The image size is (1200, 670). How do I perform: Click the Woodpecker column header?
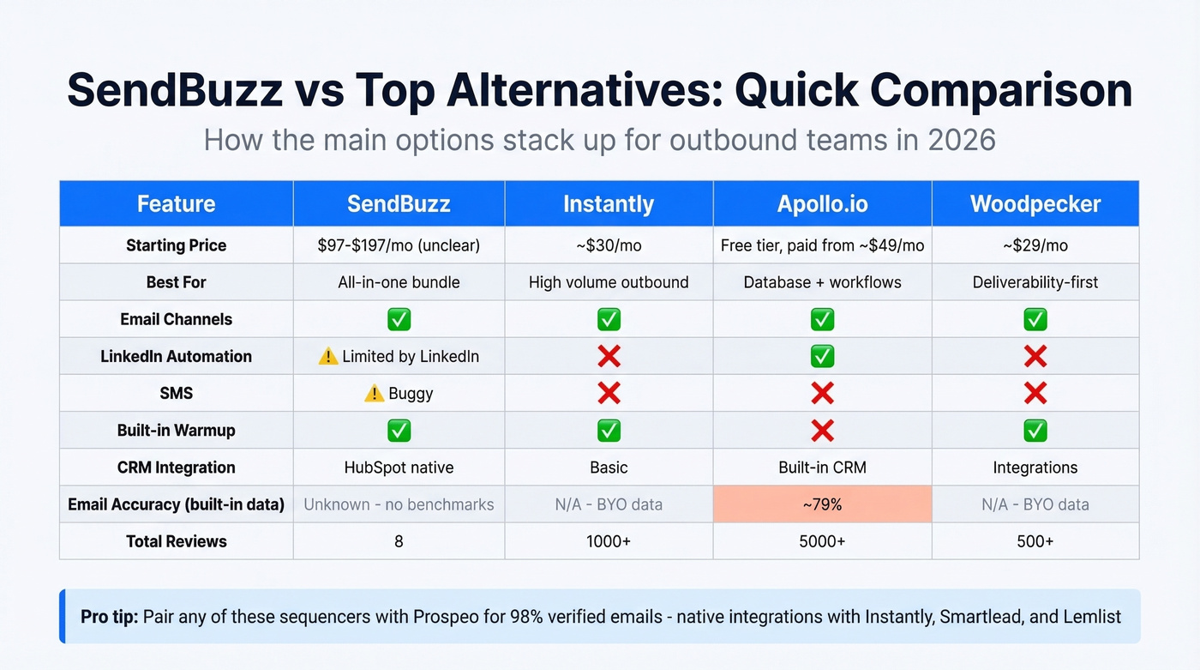pos(1035,204)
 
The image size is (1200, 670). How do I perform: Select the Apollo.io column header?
pos(822,204)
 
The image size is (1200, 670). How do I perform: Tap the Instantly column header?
pos(609,204)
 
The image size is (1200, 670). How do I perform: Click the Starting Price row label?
pos(176,245)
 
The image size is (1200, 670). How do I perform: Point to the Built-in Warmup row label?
pos(176,431)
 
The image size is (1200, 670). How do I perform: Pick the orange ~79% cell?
pos(822,504)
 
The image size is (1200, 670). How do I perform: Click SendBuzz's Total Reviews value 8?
pos(399,541)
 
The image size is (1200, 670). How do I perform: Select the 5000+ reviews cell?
pos(822,541)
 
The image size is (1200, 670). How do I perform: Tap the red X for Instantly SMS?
pos(609,394)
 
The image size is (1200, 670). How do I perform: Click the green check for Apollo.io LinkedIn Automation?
pos(822,356)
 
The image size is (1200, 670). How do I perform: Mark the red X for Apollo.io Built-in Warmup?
pos(822,431)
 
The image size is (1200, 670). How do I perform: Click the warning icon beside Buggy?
pos(374,394)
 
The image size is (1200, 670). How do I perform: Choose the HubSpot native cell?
pos(399,468)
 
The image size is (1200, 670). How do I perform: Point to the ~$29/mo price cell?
pos(1035,245)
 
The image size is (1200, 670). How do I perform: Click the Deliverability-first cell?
pos(1035,282)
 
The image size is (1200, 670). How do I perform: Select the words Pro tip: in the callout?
pos(110,617)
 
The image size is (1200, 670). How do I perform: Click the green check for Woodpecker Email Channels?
pos(1035,319)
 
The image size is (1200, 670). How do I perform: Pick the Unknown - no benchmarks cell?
pos(399,504)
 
